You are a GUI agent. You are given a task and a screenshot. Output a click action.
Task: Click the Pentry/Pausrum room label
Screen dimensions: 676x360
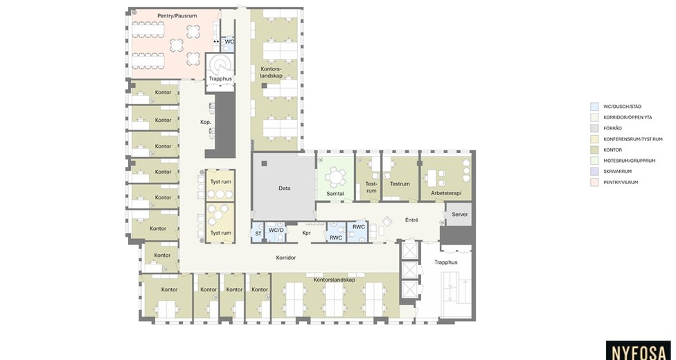click(177, 16)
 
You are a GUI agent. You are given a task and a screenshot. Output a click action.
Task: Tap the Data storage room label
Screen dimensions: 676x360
click(284, 188)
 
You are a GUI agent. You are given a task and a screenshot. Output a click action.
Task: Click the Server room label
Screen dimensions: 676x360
click(460, 215)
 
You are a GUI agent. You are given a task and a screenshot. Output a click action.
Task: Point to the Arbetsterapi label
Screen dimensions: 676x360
click(446, 193)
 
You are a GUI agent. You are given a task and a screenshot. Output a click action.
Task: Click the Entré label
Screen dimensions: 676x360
click(411, 220)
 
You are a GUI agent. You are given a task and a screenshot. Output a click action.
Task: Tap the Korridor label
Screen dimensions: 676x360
click(286, 258)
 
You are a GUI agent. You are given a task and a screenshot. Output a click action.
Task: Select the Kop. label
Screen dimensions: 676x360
click(206, 122)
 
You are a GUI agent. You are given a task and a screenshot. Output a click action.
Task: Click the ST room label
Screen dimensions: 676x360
click(258, 234)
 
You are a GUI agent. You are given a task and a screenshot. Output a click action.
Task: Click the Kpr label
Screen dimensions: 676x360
click(307, 233)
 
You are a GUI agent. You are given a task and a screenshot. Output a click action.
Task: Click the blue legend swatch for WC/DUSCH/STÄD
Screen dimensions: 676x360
click(594, 107)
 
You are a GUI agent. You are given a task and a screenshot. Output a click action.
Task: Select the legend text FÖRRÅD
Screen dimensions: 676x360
click(612, 128)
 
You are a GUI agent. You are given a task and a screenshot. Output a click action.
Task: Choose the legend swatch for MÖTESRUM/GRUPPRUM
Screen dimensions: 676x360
click(594, 161)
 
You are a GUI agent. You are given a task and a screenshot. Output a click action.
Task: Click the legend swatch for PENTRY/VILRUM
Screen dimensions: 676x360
click(594, 182)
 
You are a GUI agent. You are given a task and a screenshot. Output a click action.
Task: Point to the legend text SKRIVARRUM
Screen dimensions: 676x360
click(617, 171)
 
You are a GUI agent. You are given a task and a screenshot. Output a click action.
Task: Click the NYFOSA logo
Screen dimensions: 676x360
click(638, 352)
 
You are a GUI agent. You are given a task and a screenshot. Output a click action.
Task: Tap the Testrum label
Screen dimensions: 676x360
click(400, 183)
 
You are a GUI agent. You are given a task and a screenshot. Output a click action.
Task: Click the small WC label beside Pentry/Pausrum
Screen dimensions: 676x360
click(229, 42)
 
